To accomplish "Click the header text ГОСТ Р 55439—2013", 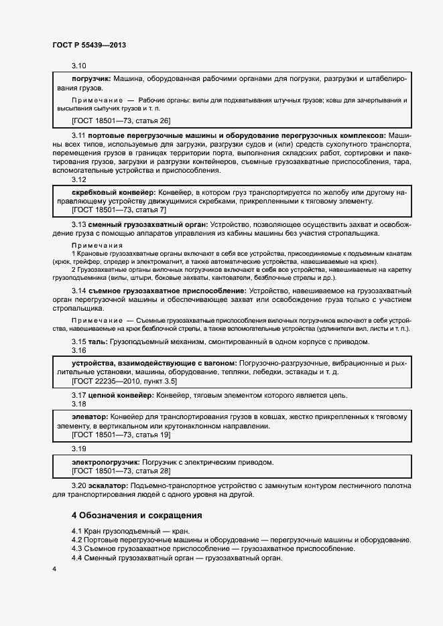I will click(88, 45).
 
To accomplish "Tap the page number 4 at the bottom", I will click(54, 568).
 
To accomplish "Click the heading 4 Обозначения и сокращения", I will click(137, 516).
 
